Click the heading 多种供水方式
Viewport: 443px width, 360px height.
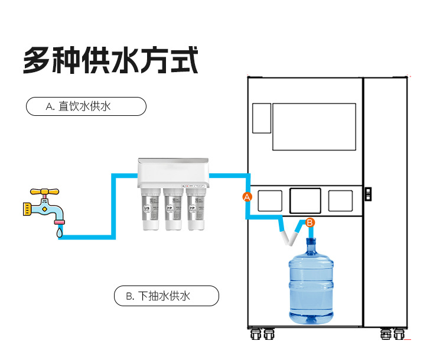tap(110, 61)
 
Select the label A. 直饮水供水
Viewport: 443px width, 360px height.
tap(86, 106)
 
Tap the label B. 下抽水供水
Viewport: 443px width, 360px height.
tap(166, 296)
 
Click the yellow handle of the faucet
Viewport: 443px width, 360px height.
tap(45, 192)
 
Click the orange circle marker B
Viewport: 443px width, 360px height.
tap(311, 222)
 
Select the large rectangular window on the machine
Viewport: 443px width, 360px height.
tap(314, 127)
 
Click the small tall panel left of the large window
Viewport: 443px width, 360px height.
tap(261, 118)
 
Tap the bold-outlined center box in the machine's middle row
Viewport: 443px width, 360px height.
tap(305, 200)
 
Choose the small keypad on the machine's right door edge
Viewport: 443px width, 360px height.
tap(368, 193)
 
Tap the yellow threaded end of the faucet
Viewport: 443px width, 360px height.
tap(26, 209)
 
